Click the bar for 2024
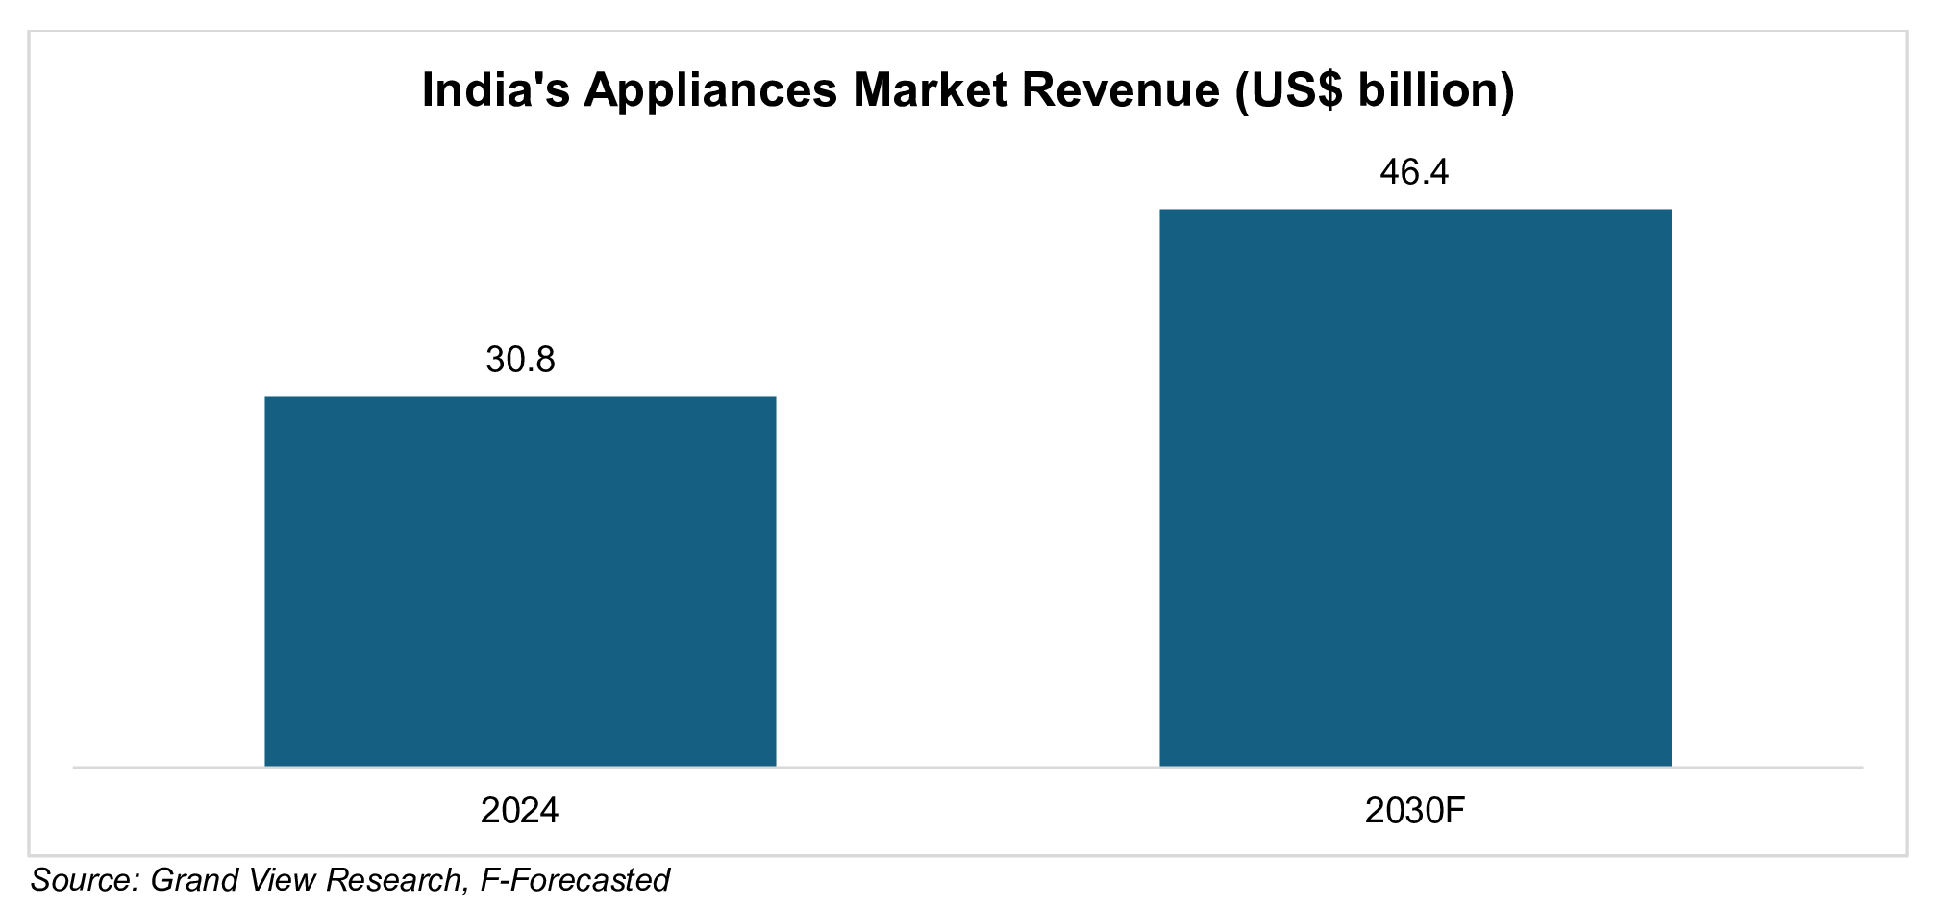click(x=520, y=581)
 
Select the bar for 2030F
click(x=1415, y=487)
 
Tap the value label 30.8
click(x=520, y=360)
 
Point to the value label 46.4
click(x=1414, y=172)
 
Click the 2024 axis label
click(x=519, y=811)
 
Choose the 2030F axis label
click(x=1414, y=811)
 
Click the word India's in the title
click(x=493, y=90)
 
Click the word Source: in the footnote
click(x=87, y=880)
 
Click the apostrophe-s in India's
click(x=554, y=90)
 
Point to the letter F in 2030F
click(x=1453, y=811)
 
